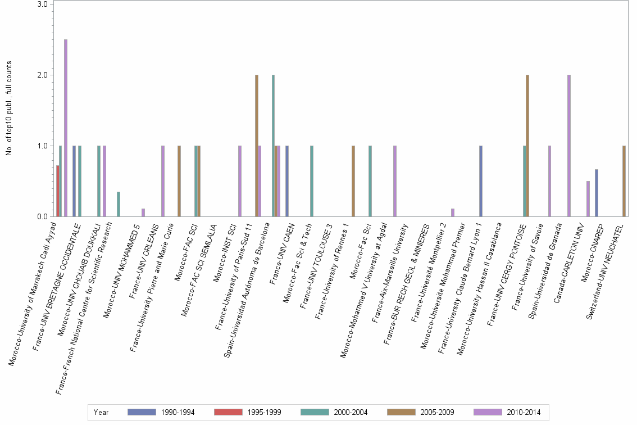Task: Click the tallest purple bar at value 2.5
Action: [x=66, y=128]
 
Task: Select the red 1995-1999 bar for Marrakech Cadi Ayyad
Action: [x=57, y=191]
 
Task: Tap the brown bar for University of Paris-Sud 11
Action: [x=257, y=146]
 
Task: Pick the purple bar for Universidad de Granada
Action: [x=569, y=146]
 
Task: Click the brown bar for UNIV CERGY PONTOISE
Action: [x=527, y=146]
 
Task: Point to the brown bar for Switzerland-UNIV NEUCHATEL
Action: [x=624, y=182]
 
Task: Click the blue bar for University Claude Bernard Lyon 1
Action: [x=481, y=182]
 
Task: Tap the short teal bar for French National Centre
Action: [x=118, y=205]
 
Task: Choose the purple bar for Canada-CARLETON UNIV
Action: [x=588, y=199]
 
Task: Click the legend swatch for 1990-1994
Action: [x=141, y=412]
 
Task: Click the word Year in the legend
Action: [x=102, y=412]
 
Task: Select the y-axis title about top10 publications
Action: [x=10, y=110]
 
